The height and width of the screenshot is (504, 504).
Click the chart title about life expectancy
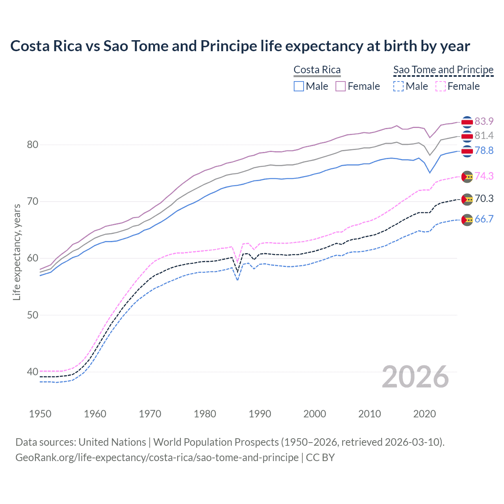(x=240, y=46)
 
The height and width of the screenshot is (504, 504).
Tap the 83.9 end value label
(x=484, y=121)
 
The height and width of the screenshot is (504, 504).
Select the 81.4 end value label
(x=484, y=136)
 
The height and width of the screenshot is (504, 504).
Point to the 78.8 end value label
(x=484, y=151)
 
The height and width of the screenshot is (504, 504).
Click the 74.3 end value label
(x=484, y=176)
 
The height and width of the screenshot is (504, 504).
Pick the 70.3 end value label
(x=484, y=198)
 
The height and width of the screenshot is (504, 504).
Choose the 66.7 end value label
(x=484, y=219)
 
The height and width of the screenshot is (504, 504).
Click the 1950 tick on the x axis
(x=40, y=414)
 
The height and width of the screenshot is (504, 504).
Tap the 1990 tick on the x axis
(x=260, y=414)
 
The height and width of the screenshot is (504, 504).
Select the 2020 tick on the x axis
(x=424, y=414)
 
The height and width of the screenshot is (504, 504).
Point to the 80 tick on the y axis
(x=33, y=145)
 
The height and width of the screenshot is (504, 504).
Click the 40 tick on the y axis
(x=33, y=372)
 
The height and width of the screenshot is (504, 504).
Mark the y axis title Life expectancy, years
(x=17, y=252)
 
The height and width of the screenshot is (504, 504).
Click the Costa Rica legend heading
(x=317, y=70)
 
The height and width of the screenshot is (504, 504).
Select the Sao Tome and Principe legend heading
(x=443, y=70)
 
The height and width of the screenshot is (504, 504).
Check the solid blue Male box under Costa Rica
(x=299, y=86)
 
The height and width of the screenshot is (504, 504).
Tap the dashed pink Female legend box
(x=441, y=86)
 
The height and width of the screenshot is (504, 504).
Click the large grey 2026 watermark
(x=415, y=377)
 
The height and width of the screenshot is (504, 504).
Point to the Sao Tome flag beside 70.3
(x=467, y=199)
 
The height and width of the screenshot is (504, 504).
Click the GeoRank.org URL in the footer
(x=157, y=458)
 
